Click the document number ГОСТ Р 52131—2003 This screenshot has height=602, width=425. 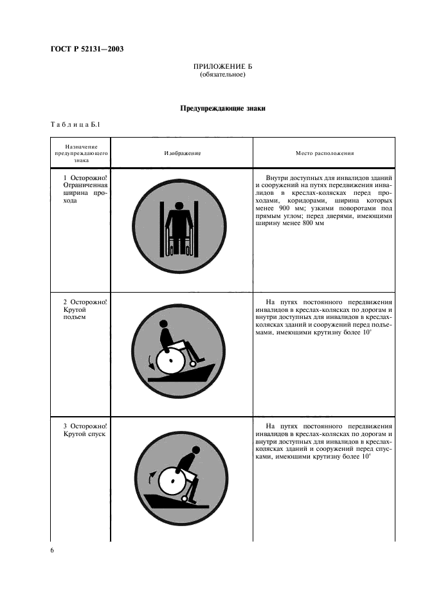click(x=87, y=49)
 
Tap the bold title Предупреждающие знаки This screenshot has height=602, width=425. click(x=223, y=109)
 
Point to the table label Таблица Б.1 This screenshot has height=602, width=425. click(x=71, y=125)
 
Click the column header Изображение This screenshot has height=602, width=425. click(x=183, y=154)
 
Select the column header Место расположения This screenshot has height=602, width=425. click(x=325, y=154)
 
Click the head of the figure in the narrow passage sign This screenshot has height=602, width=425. click(x=181, y=207)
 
